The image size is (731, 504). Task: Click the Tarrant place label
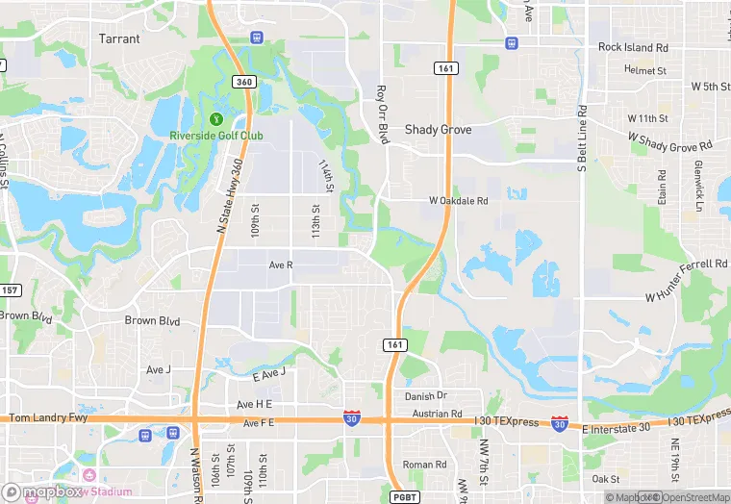(119, 39)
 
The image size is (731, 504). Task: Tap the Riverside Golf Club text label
(215, 136)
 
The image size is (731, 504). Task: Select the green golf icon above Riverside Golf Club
(215, 119)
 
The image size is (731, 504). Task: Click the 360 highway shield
(244, 82)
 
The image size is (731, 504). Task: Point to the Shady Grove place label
(439, 129)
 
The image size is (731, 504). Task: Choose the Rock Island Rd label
(633, 47)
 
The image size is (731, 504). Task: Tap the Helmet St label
(644, 70)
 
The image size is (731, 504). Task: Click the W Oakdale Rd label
(459, 200)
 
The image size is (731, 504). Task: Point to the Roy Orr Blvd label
(382, 114)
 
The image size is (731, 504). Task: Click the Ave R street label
(281, 264)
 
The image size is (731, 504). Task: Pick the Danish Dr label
(426, 395)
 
